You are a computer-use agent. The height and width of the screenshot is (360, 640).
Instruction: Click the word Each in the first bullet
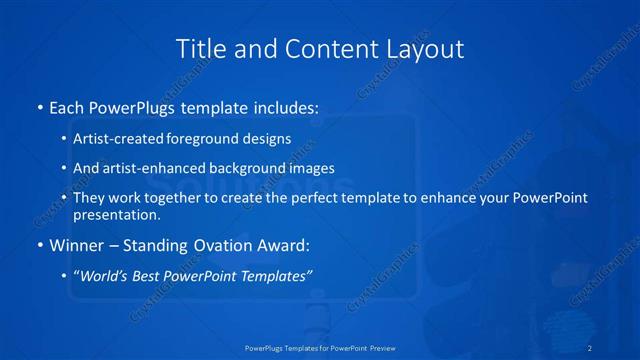pyautogui.click(x=68, y=105)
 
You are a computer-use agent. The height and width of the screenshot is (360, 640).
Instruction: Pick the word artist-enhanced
pyautogui.click(x=151, y=168)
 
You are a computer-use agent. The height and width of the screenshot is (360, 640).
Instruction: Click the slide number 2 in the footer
pyautogui.click(x=591, y=348)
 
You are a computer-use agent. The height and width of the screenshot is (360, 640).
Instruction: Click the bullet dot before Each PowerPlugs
pyautogui.click(x=39, y=106)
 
